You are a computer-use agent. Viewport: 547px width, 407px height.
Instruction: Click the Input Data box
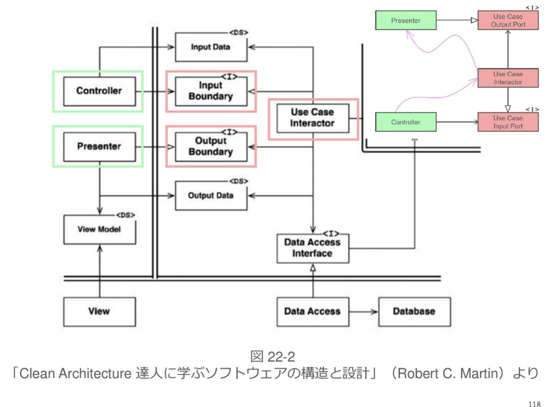point(211,47)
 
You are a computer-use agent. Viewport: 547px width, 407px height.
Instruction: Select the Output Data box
point(211,196)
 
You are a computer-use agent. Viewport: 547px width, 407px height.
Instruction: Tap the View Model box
point(99,230)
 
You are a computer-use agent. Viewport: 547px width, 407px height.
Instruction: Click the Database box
point(414,312)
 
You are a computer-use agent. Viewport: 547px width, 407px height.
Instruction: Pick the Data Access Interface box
point(313,248)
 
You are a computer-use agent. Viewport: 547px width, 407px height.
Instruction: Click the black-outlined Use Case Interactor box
point(313,118)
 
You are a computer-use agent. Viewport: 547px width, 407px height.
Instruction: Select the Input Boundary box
point(211,91)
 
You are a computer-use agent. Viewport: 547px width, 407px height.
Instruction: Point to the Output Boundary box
point(211,147)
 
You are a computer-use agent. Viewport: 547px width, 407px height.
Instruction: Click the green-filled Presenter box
point(406,20)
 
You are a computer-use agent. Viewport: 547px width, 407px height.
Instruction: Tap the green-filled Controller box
point(406,122)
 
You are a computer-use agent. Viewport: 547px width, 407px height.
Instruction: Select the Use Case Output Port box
point(508,20)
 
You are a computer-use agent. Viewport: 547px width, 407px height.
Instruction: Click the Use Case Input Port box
point(508,122)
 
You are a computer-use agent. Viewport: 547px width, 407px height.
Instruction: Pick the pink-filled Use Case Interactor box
point(508,78)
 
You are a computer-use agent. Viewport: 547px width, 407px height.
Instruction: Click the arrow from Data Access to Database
point(363,312)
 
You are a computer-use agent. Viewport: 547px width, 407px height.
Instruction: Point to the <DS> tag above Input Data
point(238,33)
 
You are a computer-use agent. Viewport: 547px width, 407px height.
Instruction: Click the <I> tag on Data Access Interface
point(331,234)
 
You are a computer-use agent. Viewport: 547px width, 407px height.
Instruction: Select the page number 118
point(534,404)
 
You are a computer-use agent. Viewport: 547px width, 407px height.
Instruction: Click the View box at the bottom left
point(99,312)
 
